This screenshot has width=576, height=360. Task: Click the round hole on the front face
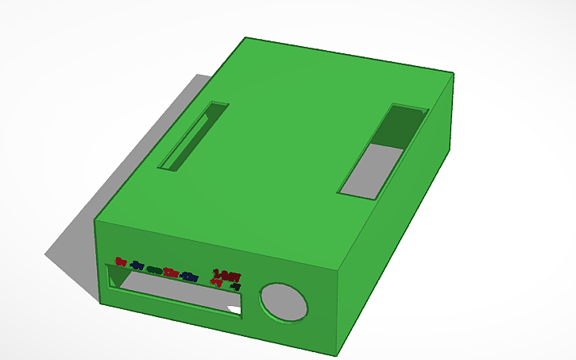tap(284, 302)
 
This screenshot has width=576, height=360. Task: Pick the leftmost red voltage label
tap(121, 261)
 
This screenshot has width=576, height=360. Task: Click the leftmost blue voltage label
tap(137, 265)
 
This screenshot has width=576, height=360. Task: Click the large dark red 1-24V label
tap(226, 275)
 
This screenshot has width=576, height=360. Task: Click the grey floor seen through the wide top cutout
tap(369, 171)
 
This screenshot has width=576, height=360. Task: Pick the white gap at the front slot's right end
tap(234, 308)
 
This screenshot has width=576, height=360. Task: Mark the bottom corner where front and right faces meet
tap(337, 353)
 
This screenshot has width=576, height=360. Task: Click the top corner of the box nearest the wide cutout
tap(454, 74)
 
